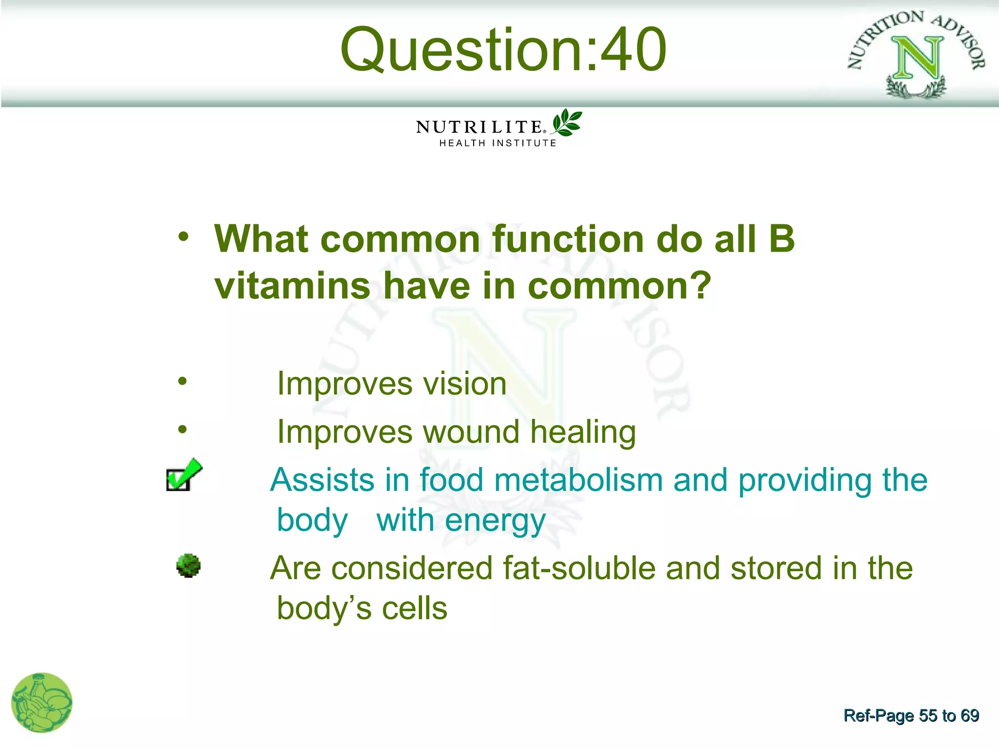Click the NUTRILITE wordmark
click(480, 127)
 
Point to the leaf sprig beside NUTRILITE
click(567, 122)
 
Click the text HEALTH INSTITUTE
click(498, 143)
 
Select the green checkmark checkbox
click(183, 475)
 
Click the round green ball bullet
click(188, 566)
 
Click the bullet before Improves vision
click(182, 381)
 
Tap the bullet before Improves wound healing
click(182, 429)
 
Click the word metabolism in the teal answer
click(578, 480)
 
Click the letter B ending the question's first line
click(781, 239)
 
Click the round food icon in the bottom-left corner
click(41, 703)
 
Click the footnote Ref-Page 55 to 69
click(911, 715)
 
